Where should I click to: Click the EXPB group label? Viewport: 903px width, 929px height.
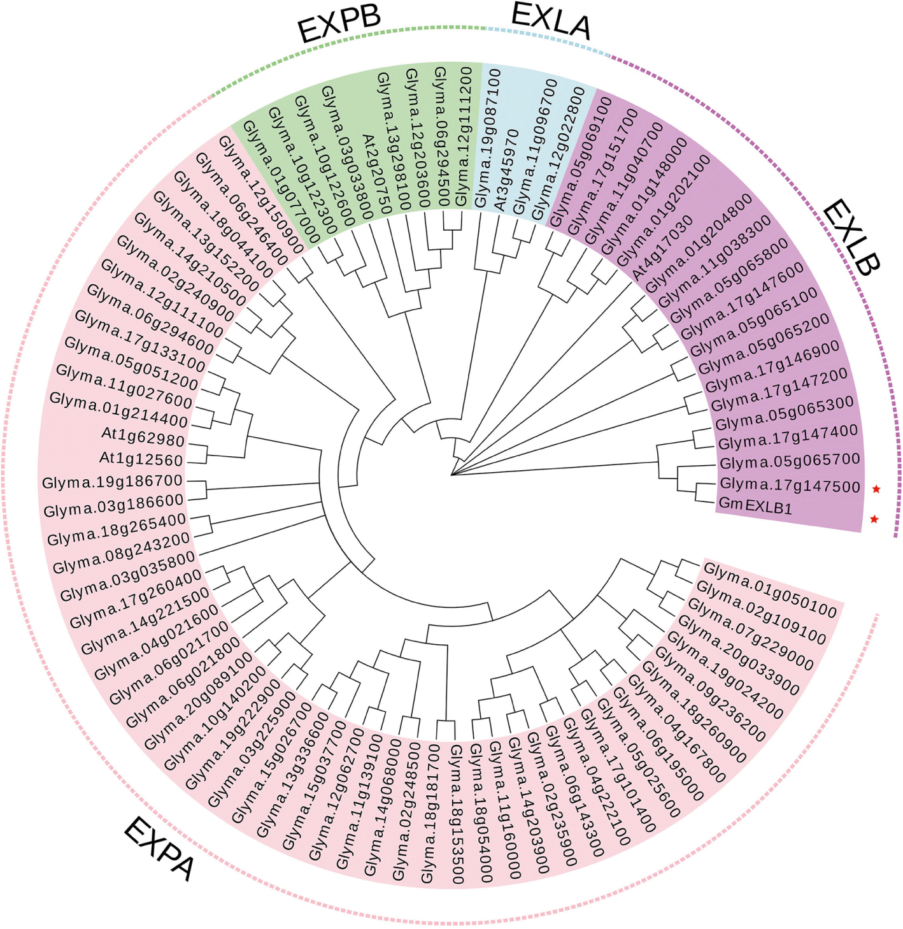tap(339, 25)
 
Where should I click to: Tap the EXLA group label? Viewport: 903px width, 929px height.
tap(551, 22)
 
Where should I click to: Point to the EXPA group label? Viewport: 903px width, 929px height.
tap(159, 849)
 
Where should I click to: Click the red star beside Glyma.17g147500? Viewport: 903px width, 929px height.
tap(876, 489)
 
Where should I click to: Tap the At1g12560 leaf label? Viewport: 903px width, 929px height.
tap(141, 459)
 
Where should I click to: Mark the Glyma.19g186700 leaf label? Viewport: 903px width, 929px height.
tap(113, 481)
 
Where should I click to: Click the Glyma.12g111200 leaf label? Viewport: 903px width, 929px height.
tap(463, 138)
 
